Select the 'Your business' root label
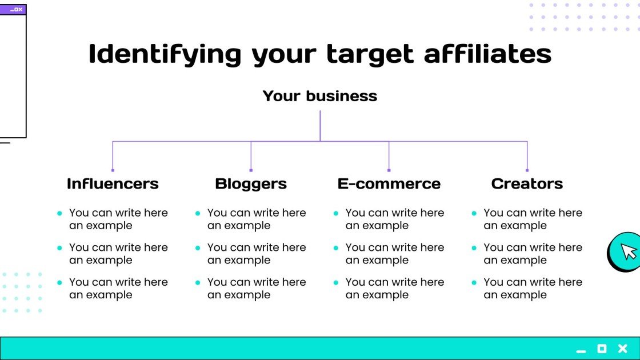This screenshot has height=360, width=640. (x=320, y=96)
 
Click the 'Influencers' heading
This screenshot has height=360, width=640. (x=113, y=183)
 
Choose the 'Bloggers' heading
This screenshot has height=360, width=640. (x=251, y=183)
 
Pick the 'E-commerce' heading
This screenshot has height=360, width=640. (x=389, y=183)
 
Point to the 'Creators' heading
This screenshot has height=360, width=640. (x=527, y=183)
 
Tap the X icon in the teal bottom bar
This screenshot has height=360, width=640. (x=623, y=349)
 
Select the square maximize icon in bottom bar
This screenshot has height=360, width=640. (x=602, y=349)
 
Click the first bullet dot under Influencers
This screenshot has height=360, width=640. (x=59, y=213)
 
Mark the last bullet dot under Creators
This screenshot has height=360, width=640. (x=474, y=283)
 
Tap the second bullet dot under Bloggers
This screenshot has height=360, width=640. (x=198, y=248)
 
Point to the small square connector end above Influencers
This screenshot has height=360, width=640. (x=113, y=170)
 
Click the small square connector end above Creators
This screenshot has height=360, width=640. (x=527, y=170)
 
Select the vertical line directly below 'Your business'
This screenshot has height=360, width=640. (x=320, y=126)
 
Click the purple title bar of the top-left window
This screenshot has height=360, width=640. (x=13, y=10)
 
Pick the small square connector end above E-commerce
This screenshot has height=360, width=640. (x=389, y=170)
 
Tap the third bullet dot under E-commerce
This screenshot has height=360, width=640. (x=336, y=283)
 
